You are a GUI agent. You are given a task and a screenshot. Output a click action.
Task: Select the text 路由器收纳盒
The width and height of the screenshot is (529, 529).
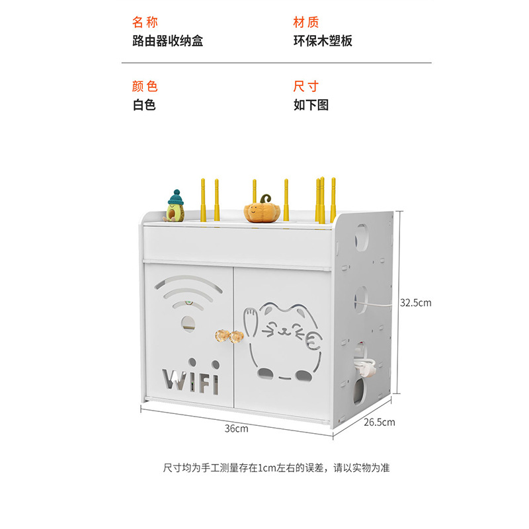(168, 41)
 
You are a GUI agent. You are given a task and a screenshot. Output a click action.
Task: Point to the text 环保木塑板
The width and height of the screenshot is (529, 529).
(323, 41)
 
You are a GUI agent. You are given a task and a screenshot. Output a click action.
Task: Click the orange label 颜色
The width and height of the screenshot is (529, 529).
(145, 87)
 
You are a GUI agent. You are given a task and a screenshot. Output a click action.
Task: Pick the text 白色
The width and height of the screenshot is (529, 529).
(144, 104)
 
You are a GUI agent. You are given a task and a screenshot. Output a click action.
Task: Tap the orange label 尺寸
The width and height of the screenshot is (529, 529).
(306, 87)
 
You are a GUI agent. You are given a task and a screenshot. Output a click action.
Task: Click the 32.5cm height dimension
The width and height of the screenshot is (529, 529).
(415, 303)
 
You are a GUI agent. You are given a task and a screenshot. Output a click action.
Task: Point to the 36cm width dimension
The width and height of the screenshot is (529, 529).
(235, 428)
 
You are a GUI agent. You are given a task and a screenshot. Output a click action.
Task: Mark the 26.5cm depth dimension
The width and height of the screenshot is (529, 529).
(379, 422)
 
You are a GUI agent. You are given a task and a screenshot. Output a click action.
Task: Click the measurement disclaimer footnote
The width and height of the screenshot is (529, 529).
(277, 468)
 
